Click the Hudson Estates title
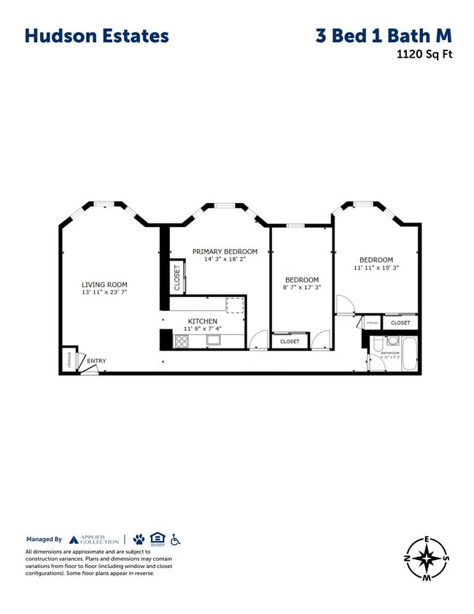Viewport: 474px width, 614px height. (96, 35)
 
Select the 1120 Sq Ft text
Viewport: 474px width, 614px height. (424, 53)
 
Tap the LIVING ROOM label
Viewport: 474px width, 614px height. (104, 285)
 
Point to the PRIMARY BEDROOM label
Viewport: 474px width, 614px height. (225, 251)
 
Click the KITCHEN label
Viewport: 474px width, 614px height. (203, 321)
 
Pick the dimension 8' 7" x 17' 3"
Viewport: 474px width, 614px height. (302, 288)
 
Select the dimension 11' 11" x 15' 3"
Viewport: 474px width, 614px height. (376, 268)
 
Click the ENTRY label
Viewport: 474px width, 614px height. (96, 361)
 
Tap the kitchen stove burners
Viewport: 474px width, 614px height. (182, 339)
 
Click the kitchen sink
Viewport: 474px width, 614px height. (214, 339)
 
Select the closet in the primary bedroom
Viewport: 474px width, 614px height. (176, 277)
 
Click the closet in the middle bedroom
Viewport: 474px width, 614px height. (290, 341)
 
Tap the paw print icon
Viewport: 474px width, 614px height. (139, 540)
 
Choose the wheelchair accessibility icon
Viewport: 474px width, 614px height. (175, 540)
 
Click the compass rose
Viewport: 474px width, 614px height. (427, 559)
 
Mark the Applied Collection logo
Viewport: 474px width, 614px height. (93, 540)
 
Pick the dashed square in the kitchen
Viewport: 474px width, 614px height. (234, 305)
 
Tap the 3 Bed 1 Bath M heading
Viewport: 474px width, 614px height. (384, 35)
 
